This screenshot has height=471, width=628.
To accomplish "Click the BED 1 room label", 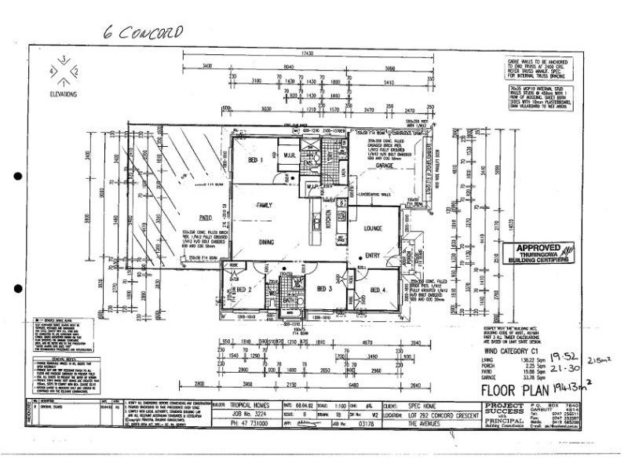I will [x=255, y=160].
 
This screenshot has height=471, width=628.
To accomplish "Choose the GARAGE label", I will [x=385, y=166].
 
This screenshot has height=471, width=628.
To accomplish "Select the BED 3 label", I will [x=326, y=289].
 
